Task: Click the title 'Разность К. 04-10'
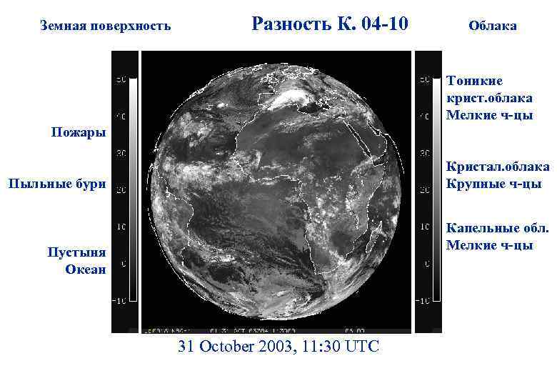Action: click(x=330, y=24)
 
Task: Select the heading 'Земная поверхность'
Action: click(x=106, y=26)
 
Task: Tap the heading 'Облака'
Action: click(x=493, y=26)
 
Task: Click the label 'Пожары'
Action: click(x=79, y=132)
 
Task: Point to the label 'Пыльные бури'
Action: click(x=57, y=184)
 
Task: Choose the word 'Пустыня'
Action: click(x=76, y=252)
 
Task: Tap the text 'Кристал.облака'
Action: click(x=498, y=167)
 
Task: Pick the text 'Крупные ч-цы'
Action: click(x=493, y=184)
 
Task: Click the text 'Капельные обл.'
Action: click(x=497, y=228)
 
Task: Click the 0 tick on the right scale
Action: click(x=426, y=264)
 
